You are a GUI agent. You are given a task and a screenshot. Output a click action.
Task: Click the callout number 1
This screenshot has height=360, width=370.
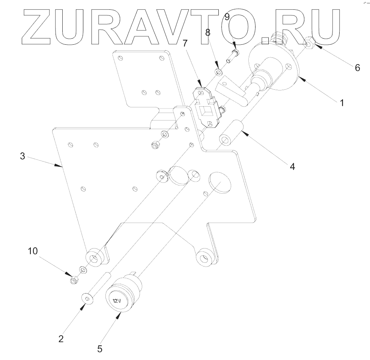tap(341, 102)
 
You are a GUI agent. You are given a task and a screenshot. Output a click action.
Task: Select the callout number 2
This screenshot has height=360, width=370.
tap(60, 338)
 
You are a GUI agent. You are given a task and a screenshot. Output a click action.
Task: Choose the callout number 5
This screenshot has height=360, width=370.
tap(100, 349)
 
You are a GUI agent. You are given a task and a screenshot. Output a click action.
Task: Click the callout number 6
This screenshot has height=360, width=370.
tap(357, 68)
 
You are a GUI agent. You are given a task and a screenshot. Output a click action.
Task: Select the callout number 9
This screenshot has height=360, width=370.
tap(227, 17)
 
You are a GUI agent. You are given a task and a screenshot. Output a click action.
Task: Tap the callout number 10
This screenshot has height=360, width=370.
tap(33, 251)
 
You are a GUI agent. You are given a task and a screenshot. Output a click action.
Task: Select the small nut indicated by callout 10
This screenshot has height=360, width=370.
tap(74, 280)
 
